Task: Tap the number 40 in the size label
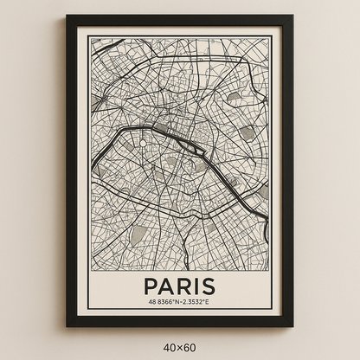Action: click(x=169, y=348)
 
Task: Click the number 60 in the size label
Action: click(x=190, y=348)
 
